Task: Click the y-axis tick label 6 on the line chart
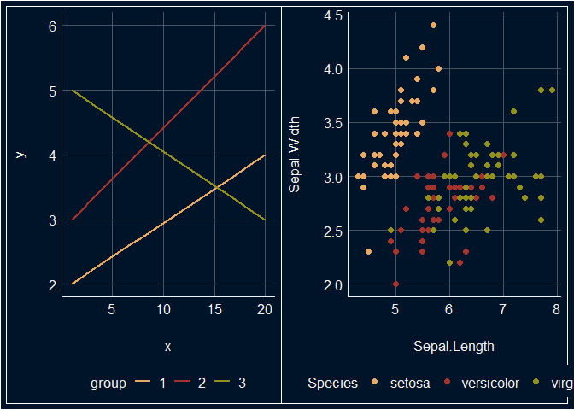pyautogui.click(x=51, y=26)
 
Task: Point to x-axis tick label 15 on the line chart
pyautogui.click(x=214, y=308)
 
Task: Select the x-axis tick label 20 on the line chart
pyautogui.click(x=265, y=308)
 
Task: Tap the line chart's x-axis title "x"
pyautogui.click(x=167, y=347)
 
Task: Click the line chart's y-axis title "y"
pyautogui.click(x=21, y=155)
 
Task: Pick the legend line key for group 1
pyautogui.click(x=143, y=384)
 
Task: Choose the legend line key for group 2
pyautogui.click(x=182, y=384)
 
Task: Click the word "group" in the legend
pyautogui.click(x=108, y=384)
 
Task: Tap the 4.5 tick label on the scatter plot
pyautogui.click(x=333, y=15)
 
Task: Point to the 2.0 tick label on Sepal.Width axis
pyautogui.click(x=333, y=284)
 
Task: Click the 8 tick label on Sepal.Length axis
pyautogui.click(x=556, y=308)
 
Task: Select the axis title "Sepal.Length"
pyautogui.click(x=454, y=347)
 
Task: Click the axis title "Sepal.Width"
pyautogui.click(x=295, y=155)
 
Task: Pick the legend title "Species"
pyautogui.click(x=332, y=384)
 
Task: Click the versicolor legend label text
pyautogui.click(x=490, y=384)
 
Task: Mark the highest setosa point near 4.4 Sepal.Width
pyautogui.click(x=433, y=26)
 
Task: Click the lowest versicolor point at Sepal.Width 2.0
pyautogui.click(x=395, y=284)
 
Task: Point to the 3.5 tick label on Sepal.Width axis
pyautogui.click(x=333, y=123)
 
